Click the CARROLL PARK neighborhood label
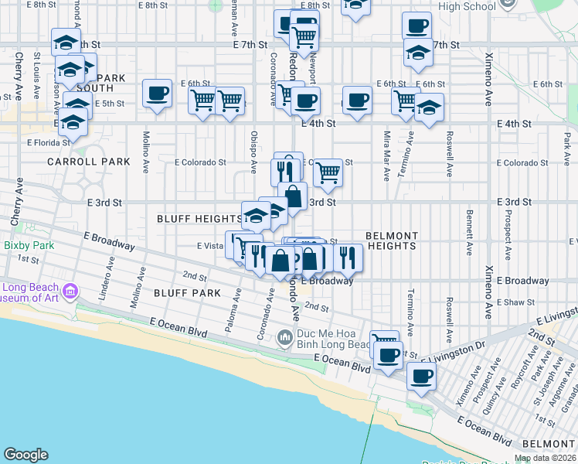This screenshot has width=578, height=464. point(89,162)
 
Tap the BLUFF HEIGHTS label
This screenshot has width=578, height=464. point(199,220)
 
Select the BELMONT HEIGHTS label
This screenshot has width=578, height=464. point(391,241)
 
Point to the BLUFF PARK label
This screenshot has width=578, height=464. point(187,293)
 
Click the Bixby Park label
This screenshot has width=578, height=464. point(28,246)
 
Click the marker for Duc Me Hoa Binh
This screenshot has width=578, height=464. point(284,336)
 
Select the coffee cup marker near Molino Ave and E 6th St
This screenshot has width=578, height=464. point(158,94)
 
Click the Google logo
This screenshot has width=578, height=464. point(25,455)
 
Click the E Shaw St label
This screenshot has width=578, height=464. point(516,302)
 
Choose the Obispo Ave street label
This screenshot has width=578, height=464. point(253,152)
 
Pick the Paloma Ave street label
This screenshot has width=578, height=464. point(229,312)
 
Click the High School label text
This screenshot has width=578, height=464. point(467,7)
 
